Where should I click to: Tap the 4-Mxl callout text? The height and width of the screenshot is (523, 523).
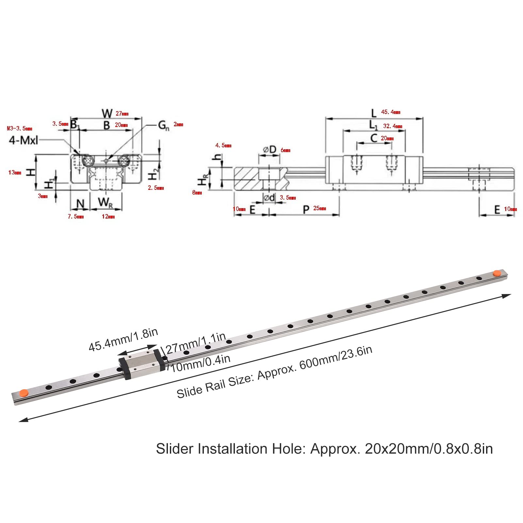(x=24, y=140)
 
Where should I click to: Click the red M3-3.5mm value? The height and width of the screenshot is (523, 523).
(x=20, y=129)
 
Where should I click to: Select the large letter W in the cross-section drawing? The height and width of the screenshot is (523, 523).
(x=107, y=114)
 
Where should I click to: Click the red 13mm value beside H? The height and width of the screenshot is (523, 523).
(x=15, y=172)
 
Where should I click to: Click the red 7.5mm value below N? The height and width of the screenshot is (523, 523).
(x=76, y=217)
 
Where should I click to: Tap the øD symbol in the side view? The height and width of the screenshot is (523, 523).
(x=269, y=150)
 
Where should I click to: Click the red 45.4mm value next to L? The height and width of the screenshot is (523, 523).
(x=391, y=112)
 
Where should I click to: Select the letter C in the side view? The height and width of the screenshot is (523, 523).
(x=374, y=138)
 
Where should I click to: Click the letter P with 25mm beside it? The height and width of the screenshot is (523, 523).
(x=306, y=209)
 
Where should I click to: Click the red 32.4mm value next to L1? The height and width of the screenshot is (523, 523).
(x=393, y=126)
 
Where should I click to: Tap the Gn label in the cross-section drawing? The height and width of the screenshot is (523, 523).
(x=163, y=125)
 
